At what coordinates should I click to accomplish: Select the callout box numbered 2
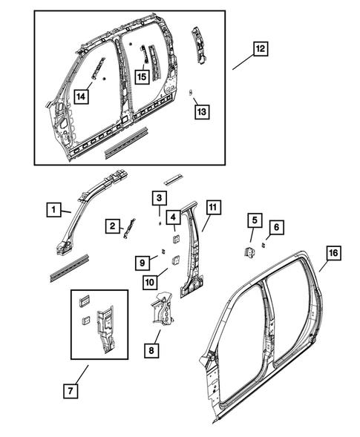click(111, 226)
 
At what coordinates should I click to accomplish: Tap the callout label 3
click(158, 197)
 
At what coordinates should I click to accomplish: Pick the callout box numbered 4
click(172, 217)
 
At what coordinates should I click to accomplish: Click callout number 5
click(254, 220)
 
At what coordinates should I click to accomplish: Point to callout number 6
click(275, 226)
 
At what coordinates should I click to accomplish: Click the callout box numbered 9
click(142, 262)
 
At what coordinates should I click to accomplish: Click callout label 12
click(259, 49)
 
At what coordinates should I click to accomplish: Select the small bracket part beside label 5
click(250, 251)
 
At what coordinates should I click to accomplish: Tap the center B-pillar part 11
click(194, 252)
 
